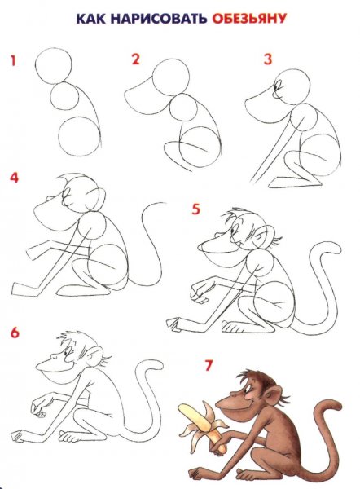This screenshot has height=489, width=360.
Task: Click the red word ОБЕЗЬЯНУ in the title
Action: tap(249, 19)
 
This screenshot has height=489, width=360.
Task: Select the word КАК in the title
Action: tap(90, 19)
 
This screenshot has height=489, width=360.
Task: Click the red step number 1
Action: tap(13, 60)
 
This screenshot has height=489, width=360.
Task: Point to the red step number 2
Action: tap(135, 59)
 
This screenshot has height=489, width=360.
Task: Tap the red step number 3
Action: tap(268, 59)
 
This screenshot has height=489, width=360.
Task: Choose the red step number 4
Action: tap(15, 178)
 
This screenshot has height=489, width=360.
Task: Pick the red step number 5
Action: tap(195, 209)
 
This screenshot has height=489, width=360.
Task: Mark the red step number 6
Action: tap(15, 333)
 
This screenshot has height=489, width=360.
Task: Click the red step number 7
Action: tap(209, 365)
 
